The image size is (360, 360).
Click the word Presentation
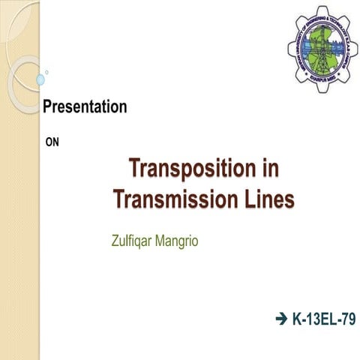point(84,107)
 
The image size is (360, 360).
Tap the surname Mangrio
point(187,242)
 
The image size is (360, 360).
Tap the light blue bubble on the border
point(40,78)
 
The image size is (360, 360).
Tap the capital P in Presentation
point(46,107)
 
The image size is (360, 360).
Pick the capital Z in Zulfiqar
point(113,242)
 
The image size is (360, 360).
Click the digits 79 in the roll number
point(347,320)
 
